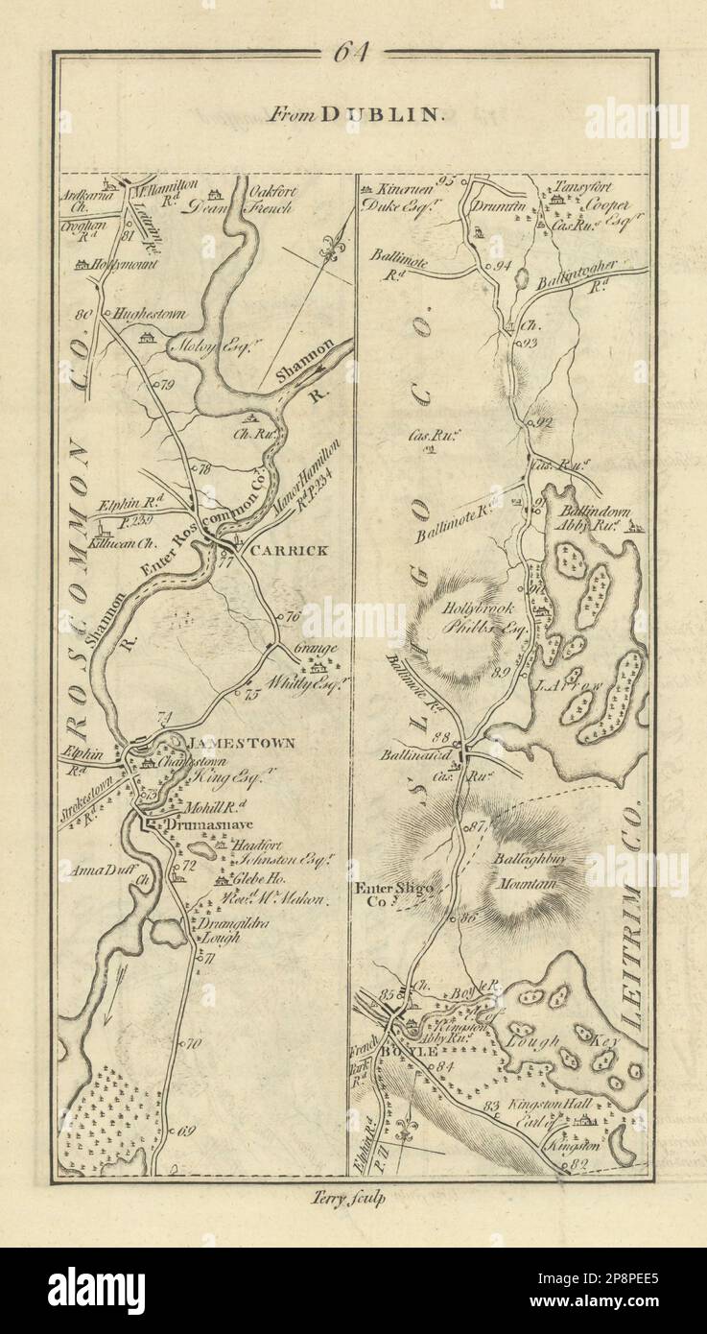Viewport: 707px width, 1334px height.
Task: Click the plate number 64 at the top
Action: point(352,54)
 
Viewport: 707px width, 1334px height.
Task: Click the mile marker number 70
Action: point(193,1044)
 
